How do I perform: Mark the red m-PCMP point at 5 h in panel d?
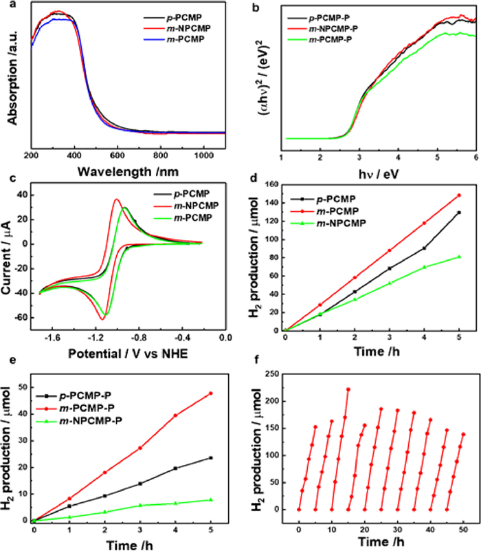pos(458,195)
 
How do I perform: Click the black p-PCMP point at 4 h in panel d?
pos(424,248)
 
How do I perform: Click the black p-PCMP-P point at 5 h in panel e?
pos(210,457)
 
